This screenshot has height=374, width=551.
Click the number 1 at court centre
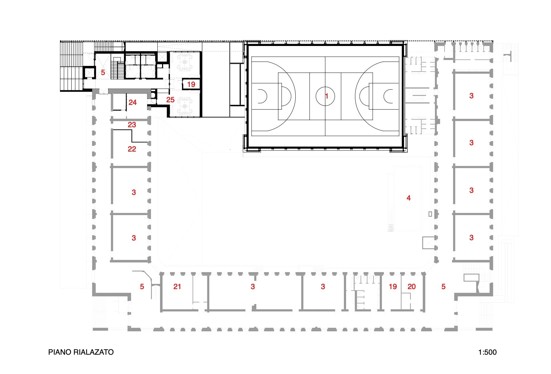[327, 96]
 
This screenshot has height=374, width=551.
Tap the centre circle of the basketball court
[325, 96]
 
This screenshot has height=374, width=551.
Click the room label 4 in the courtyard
[409, 198]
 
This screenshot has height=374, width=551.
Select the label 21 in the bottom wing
[177, 286]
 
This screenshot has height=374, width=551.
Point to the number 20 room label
[412, 286]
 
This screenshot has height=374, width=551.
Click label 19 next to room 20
[393, 286]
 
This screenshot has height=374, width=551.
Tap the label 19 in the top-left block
[191, 85]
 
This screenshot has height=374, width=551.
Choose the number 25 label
[170, 100]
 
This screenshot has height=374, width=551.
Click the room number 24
[133, 103]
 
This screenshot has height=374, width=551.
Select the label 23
[132, 125]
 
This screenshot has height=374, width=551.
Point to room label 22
[132, 149]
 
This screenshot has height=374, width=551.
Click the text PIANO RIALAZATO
[81, 352]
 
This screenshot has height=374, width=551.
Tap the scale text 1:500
[487, 352]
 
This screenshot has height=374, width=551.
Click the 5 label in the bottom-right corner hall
[443, 286]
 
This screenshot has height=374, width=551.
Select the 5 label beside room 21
[142, 286]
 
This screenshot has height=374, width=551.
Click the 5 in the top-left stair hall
[103, 73]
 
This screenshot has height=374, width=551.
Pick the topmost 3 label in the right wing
[471, 96]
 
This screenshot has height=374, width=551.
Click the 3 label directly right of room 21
[253, 286]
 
